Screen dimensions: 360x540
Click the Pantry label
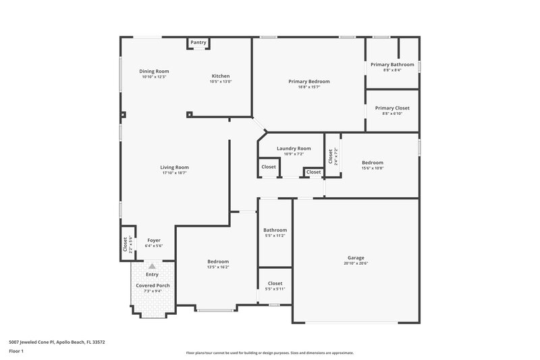[x=198, y=43]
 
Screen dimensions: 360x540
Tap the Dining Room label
[x=154, y=71]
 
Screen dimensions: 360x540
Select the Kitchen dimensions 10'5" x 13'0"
[x=221, y=82]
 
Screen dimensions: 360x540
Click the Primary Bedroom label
[x=308, y=81]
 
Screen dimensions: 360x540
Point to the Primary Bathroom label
[x=392, y=64]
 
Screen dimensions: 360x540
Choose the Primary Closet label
[x=392, y=108]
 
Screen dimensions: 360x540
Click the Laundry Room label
[x=294, y=148]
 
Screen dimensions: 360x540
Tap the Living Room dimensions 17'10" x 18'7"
[x=174, y=173]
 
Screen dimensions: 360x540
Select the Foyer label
[x=153, y=240]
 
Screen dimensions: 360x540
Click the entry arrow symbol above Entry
[x=152, y=267]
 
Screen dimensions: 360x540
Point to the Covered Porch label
[x=153, y=286]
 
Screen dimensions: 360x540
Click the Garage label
[x=356, y=258]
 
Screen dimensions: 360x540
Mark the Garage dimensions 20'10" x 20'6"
[x=356, y=263]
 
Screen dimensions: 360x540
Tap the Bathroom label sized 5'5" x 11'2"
[x=275, y=230]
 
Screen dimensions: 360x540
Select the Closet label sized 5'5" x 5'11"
[x=275, y=283]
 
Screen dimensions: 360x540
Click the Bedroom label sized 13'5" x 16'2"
[x=218, y=261]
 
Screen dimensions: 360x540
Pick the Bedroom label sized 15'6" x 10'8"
[x=372, y=162]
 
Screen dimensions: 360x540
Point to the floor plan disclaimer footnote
[x=269, y=353]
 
